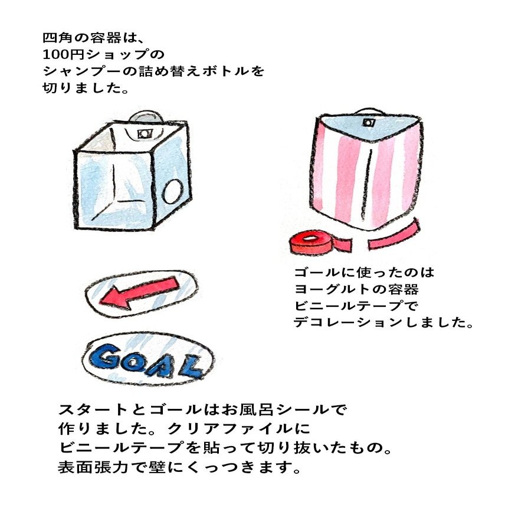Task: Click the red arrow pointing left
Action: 139,293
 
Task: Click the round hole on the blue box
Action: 173,193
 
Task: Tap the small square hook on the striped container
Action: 369,123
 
